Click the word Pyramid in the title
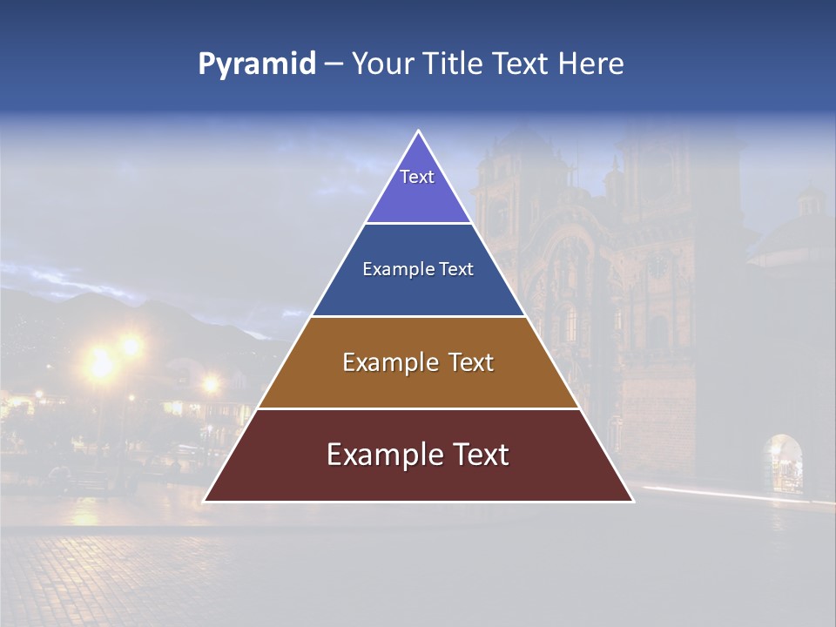click(x=257, y=64)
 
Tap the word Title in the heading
click(x=459, y=64)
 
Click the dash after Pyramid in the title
click(x=334, y=64)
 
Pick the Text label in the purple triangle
click(x=417, y=177)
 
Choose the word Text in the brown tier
click(x=471, y=362)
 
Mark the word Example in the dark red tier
click(x=383, y=455)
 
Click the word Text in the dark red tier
click(x=480, y=455)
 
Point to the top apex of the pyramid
click(x=418, y=131)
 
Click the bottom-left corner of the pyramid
click(x=205, y=501)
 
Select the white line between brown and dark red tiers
click(x=418, y=408)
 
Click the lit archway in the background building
click(x=783, y=462)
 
